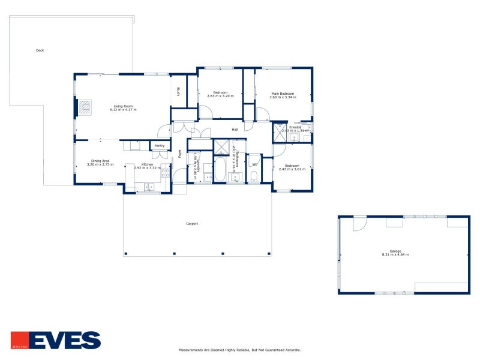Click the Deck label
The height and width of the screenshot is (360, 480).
tap(40, 50)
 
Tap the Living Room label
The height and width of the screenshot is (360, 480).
tap(124, 106)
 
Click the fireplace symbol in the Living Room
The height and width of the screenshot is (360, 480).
tap(86, 107)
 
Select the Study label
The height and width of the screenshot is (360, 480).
tap(179, 92)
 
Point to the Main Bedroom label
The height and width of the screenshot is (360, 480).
tap(283, 94)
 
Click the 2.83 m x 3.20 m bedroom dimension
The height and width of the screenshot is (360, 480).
tap(220, 96)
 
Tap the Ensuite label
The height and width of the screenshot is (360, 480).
tap(295, 127)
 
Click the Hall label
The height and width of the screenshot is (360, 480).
tap(235, 128)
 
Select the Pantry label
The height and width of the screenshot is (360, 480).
tap(159, 146)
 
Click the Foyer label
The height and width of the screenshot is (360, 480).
tap(179, 154)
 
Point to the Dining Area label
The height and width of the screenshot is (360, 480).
tap(100, 161)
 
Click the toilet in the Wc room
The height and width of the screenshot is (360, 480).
tap(254, 175)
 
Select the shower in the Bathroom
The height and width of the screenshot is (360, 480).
tap(221, 146)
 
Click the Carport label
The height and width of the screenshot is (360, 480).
tap(192, 224)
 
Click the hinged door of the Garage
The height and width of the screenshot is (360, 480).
tap(359, 223)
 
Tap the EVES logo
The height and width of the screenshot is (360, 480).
tap(56, 340)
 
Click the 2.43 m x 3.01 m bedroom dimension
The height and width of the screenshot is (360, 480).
tap(292, 169)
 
